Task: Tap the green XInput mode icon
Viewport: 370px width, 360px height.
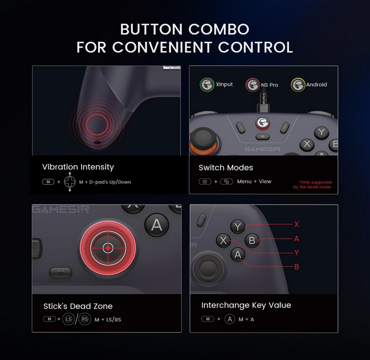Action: click(207, 85)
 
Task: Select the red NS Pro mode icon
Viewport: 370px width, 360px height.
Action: click(253, 85)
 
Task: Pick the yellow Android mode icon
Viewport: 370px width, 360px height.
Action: click(298, 85)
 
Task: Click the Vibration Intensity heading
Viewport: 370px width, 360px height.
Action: click(78, 167)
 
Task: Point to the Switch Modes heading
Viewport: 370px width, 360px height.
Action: click(226, 167)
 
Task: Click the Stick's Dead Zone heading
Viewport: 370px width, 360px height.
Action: click(78, 306)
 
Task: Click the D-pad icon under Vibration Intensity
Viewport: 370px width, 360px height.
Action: click(70, 182)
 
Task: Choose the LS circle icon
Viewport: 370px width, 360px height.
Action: click(68, 319)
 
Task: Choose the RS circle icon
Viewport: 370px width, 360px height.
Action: click(84, 319)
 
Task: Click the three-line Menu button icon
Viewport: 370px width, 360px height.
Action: click(205, 182)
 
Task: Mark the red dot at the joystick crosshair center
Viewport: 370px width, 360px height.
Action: click(108, 248)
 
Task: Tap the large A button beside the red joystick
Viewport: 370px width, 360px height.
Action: click(156, 224)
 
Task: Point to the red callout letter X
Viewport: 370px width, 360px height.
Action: click(296, 224)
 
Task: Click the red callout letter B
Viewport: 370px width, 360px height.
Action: click(296, 266)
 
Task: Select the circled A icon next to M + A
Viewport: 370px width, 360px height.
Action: click(229, 319)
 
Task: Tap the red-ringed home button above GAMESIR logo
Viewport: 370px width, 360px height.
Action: click(263, 123)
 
